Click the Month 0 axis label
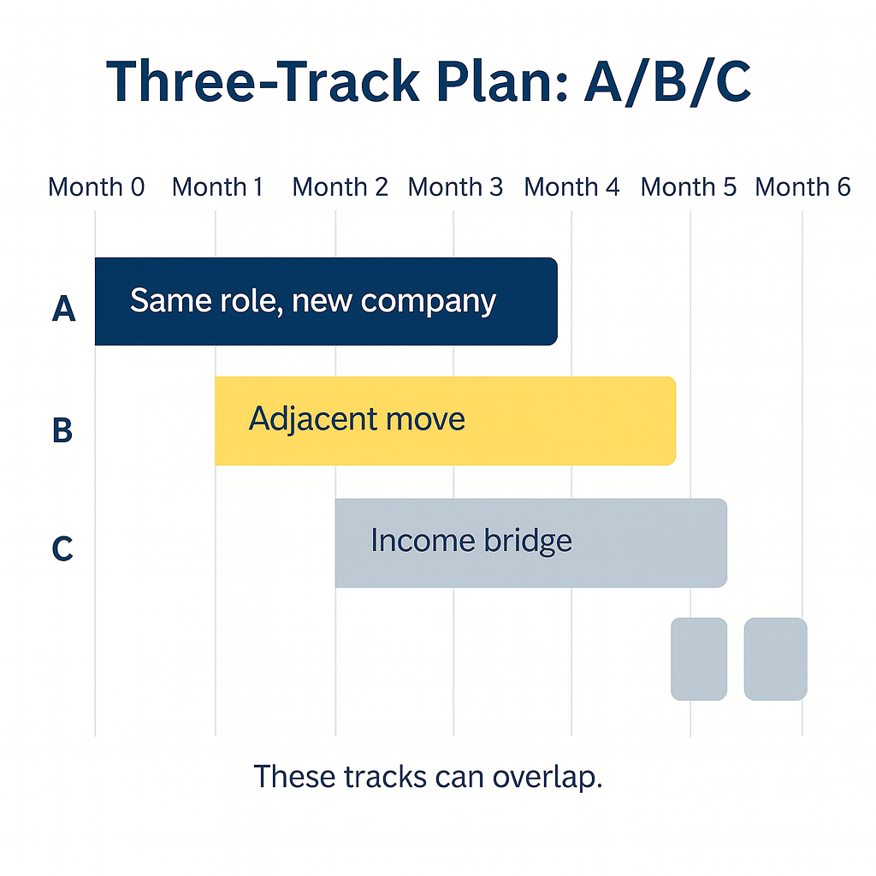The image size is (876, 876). (96, 186)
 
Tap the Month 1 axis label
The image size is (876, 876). (217, 186)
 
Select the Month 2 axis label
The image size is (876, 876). (340, 186)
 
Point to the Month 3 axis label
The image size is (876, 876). (455, 186)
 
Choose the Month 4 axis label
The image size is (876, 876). (571, 186)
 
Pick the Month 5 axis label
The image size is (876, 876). (688, 186)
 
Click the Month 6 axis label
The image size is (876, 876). (802, 186)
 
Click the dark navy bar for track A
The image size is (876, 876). (325, 301)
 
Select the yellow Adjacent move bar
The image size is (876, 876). (445, 421)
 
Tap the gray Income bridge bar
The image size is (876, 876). (530, 542)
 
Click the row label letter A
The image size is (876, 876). (63, 310)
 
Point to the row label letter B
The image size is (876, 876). (62, 430)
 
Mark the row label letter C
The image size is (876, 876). (62, 548)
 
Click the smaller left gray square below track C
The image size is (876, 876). (699, 659)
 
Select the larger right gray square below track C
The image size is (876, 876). (775, 659)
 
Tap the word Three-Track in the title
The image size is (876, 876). (262, 83)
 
